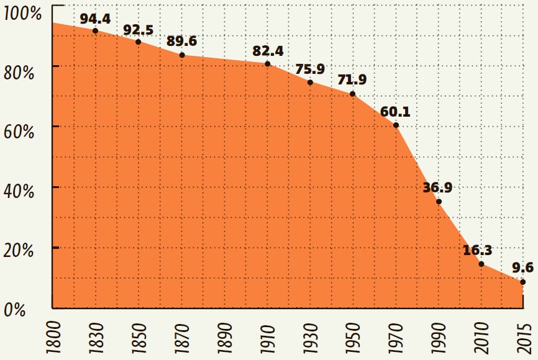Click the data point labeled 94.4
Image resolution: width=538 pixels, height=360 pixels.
pos(95,31)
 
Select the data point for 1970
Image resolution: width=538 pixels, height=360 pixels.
pos(396,125)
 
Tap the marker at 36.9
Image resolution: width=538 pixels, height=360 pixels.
pos(439,202)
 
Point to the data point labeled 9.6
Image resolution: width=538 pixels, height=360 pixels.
pos(523,282)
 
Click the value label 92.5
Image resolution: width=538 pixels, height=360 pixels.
pos(138,29)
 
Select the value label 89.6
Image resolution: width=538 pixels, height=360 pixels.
pos(182,42)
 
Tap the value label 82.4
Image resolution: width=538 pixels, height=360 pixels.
pos(268,51)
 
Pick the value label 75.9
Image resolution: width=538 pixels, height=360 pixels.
pos(310,69)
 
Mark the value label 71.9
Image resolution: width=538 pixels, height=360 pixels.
pos(352,80)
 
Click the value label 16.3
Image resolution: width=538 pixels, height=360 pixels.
pos(478,251)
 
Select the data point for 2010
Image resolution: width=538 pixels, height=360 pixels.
pos(481,264)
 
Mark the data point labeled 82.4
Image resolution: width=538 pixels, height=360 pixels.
pos(267,64)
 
